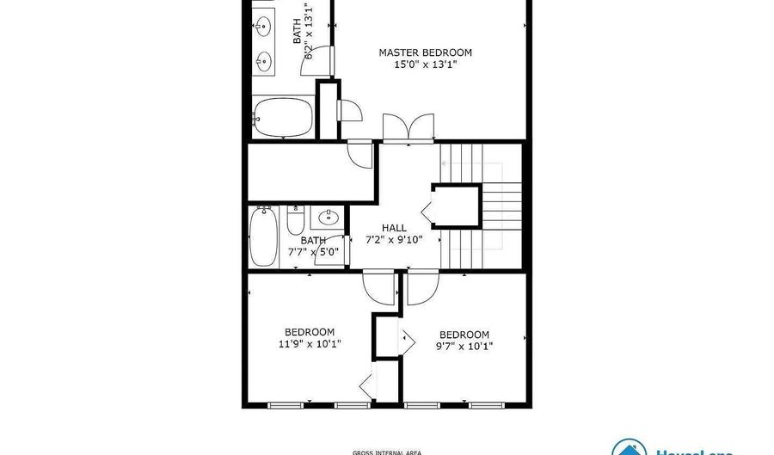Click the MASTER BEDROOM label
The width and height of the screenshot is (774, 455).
(x=425, y=52)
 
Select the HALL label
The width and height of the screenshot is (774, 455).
(x=394, y=229)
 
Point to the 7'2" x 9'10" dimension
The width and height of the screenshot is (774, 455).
(x=394, y=240)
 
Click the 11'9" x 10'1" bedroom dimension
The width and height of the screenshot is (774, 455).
(x=310, y=344)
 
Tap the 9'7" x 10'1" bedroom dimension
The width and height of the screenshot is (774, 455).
(x=464, y=347)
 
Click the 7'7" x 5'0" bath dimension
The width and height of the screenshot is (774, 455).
(x=313, y=253)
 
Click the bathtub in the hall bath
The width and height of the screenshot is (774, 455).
(x=261, y=238)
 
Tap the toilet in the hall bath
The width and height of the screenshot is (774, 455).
(x=294, y=223)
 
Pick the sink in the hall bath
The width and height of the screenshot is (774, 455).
(x=328, y=217)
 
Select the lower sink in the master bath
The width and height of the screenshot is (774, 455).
(x=263, y=61)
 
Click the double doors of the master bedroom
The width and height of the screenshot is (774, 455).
(x=408, y=128)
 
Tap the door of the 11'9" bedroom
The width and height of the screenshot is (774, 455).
(x=378, y=286)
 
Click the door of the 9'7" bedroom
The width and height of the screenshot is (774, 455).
(x=421, y=290)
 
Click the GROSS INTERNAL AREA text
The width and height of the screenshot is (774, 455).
(x=388, y=452)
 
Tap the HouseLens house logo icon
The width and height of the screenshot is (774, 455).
(x=630, y=447)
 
